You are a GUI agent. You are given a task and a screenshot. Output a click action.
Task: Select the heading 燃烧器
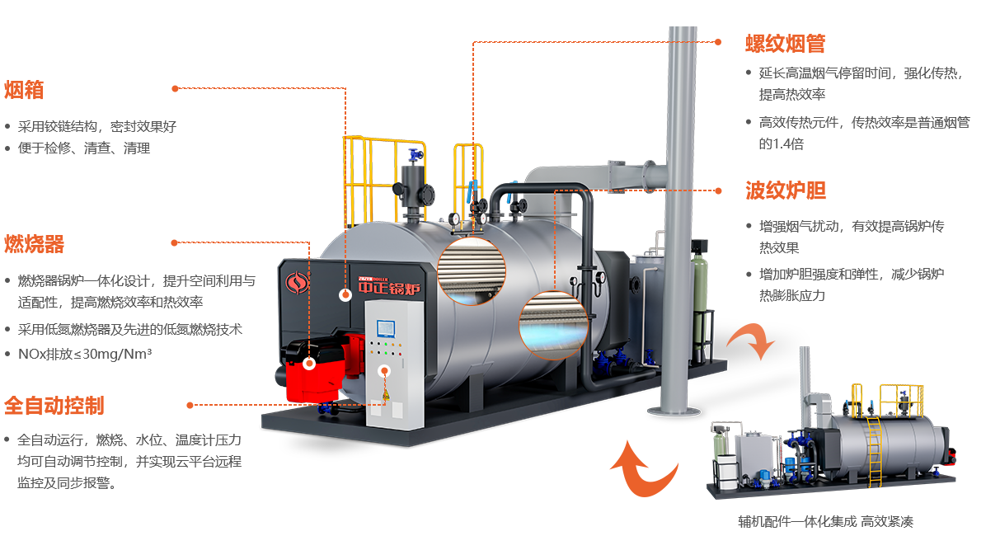coord(34,244)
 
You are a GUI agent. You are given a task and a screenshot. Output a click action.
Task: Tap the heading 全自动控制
coord(54,405)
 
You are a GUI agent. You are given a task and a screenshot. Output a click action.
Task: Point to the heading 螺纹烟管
coord(785,44)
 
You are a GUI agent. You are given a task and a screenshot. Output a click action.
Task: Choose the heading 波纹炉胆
coord(785,190)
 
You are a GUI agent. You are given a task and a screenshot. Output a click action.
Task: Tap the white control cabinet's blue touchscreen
coord(385,327)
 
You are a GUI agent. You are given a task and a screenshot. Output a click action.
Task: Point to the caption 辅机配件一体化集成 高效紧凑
coord(825,521)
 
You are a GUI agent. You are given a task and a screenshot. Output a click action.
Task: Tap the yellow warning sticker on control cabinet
coord(384,396)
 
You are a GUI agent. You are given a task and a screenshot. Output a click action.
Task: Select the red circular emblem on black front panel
coord(294,284)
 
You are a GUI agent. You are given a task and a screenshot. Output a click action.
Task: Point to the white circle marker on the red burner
coord(310,363)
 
